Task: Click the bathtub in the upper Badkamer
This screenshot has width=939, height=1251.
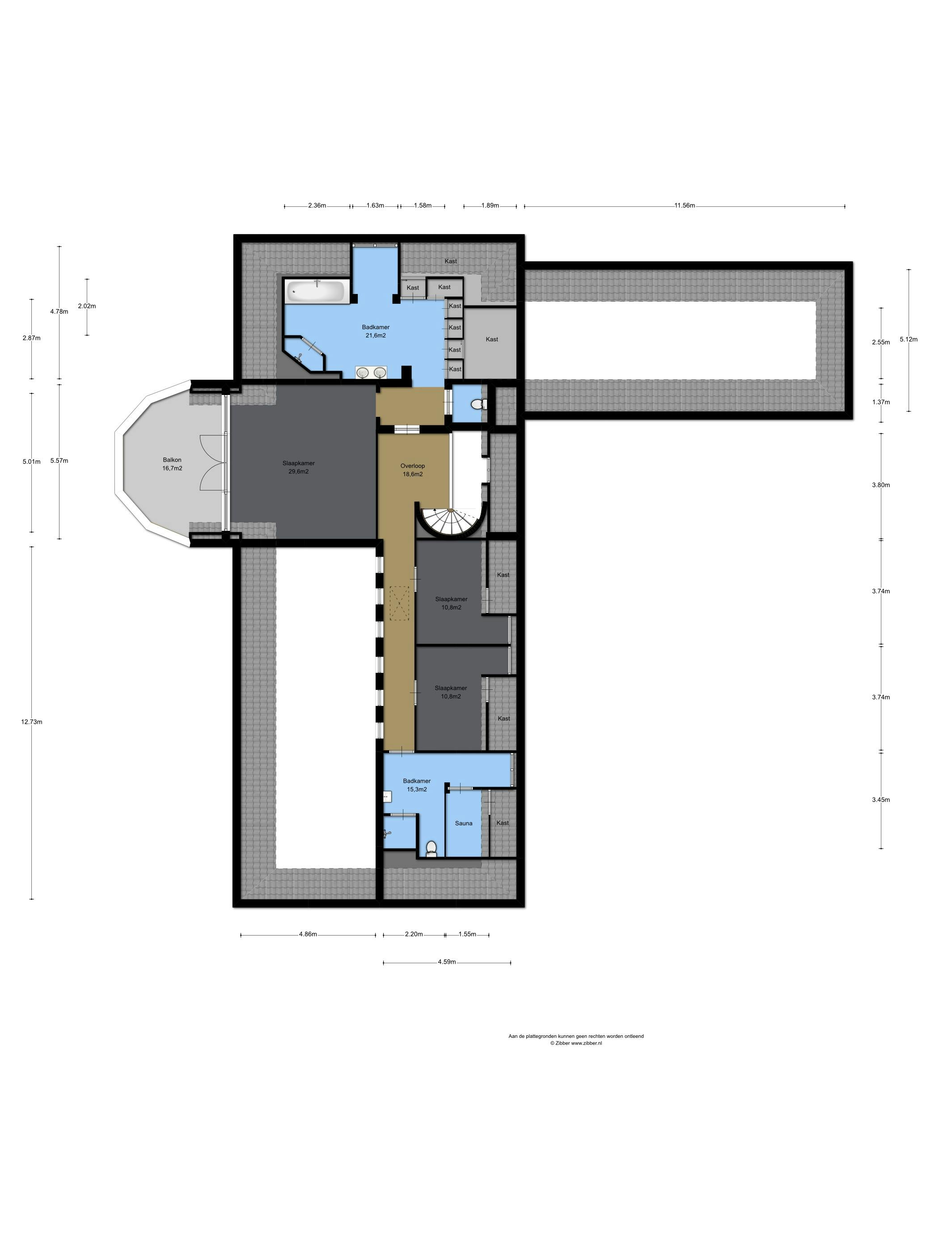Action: (x=316, y=292)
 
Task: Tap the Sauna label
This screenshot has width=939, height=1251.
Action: (x=464, y=823)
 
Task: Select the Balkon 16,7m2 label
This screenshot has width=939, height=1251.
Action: (x=172, y=464)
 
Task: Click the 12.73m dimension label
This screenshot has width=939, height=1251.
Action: (x=32, y=722)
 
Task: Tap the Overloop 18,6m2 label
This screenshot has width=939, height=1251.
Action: (x=413, y=470)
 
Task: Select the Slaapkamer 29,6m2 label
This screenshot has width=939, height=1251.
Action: (x=299, y=467)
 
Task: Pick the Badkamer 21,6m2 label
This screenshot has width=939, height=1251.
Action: (x=376, y=331)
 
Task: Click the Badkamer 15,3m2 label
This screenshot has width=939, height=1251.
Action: (x=417, y=785)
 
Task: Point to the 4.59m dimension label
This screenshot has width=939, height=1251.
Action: (x=447, y=961)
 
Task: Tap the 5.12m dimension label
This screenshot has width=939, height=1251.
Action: (x=909, y=339)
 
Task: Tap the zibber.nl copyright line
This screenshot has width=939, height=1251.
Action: (x=575, y=1043)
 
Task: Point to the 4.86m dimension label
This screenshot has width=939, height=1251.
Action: (x=308, y=934)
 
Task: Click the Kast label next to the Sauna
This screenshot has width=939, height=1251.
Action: (x=503, y=823)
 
